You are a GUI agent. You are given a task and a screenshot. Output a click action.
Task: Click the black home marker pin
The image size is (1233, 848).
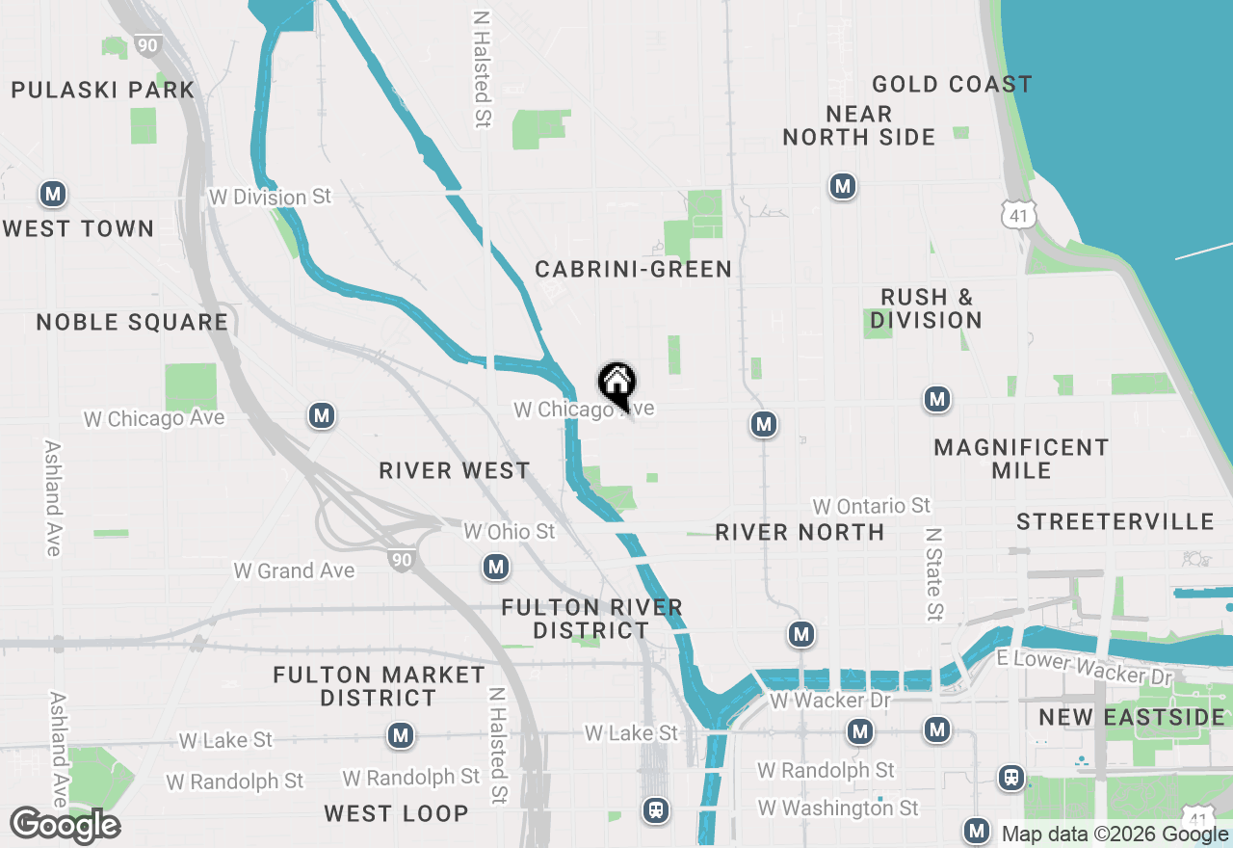click(616, 384)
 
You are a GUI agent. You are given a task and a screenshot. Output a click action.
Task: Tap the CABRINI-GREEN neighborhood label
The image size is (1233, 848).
click(634, 269)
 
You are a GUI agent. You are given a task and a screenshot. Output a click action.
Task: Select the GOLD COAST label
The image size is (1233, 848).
click(952, 85)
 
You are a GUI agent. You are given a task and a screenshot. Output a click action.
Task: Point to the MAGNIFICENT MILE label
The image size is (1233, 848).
click(1021, 459)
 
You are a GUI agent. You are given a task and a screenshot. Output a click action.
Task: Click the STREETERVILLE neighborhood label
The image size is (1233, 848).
click(1115, 521)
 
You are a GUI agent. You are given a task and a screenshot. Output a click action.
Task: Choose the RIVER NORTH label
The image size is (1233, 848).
click(800, 532)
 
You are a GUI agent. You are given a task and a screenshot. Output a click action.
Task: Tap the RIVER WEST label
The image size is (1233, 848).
click(455, 470)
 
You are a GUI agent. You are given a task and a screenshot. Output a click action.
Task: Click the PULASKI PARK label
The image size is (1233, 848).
click(103, 91)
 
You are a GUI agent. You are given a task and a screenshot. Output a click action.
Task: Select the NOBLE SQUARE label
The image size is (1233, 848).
click(133, 322)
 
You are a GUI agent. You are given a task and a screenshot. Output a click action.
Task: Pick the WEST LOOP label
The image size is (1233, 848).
click(396, 813)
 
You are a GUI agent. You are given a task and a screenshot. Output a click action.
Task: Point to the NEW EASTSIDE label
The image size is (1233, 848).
click(1132, 717)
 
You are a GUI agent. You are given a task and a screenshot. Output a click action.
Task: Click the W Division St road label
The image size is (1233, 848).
click(270, 197)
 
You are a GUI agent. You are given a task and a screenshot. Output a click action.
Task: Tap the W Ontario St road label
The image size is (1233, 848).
click(872, 506)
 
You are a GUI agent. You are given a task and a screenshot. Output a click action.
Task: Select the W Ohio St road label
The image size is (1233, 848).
click(510, 531)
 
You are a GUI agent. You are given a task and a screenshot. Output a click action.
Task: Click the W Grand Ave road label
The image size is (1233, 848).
click(294, 570)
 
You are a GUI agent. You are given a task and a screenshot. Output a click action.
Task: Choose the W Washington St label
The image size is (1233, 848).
click(838, 808)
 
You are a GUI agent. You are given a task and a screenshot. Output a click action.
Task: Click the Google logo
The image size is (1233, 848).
click(65, 826)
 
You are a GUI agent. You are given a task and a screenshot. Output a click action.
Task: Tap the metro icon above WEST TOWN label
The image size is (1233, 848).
click(53, 195)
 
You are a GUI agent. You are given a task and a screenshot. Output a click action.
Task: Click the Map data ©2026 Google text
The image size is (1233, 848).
click(1115, 834)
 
